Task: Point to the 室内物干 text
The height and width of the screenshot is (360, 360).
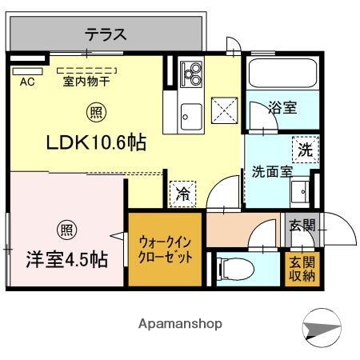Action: pyautogui.click(x=86, y=81)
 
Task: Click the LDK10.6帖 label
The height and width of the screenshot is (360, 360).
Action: pyautogui.click(x=94, y=143)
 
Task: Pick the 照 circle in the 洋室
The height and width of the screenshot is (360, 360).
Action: pyautogui.click(x=66, y=231)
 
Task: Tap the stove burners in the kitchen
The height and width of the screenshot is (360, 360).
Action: pyautogui.click(x=192, y=74)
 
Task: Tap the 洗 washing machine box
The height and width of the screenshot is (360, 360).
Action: pyautogui.click(x=305, y=149)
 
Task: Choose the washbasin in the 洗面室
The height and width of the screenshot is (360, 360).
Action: pyautogui.click(x=302, y=191)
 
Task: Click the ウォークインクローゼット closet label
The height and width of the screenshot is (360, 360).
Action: pyautogui.click(x=164, y=249)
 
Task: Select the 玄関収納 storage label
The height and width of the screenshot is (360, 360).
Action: pyautogui.click(x=302, y=268)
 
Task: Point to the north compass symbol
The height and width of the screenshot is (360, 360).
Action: pyautogui.click(x=323, y=328)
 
